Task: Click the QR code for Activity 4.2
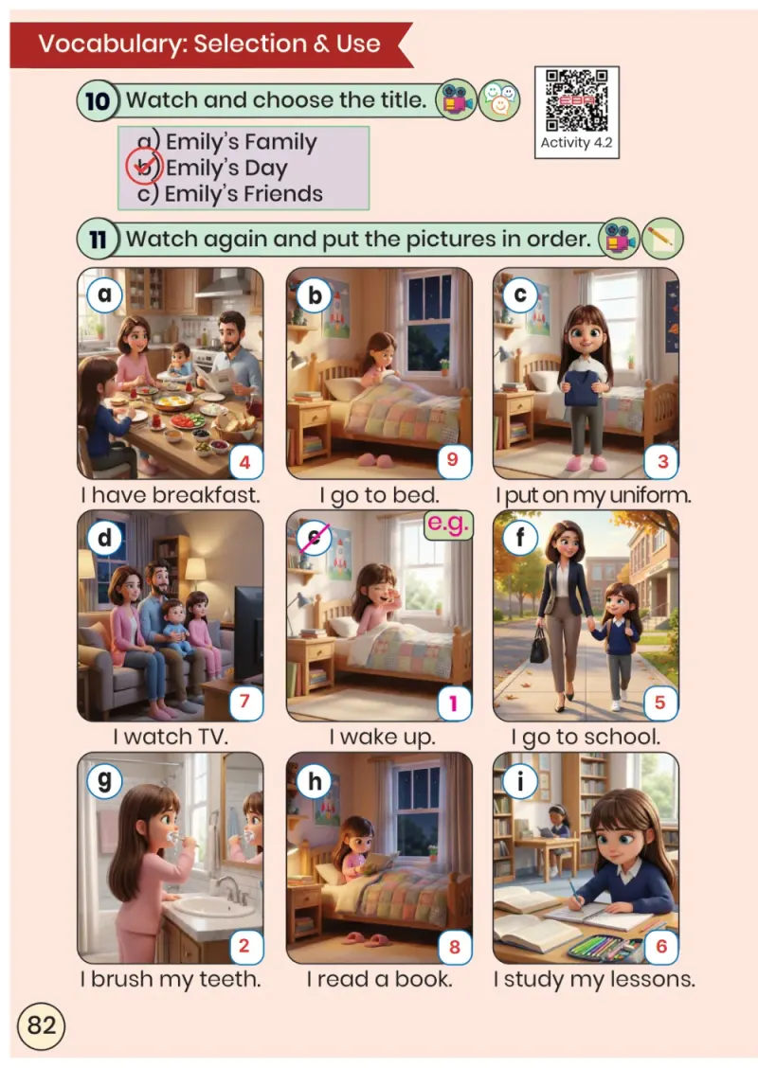click(577, 100)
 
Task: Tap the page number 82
click(41, 1025)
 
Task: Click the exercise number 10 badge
click(98, 100)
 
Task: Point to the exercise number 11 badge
click(98, 240)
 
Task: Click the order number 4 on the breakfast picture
click(244, 462)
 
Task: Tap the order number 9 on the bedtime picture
click(453, 460)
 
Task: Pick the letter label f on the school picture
click(520, 537)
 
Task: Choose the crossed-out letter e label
click(315, 538)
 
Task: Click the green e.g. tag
click(448, 523)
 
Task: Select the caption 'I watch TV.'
click(171, 737)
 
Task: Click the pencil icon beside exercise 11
click(661, 239)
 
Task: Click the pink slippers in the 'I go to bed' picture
click(374, 460)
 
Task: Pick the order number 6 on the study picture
click(660, 946)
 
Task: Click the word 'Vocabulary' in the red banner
click(111, 44)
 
